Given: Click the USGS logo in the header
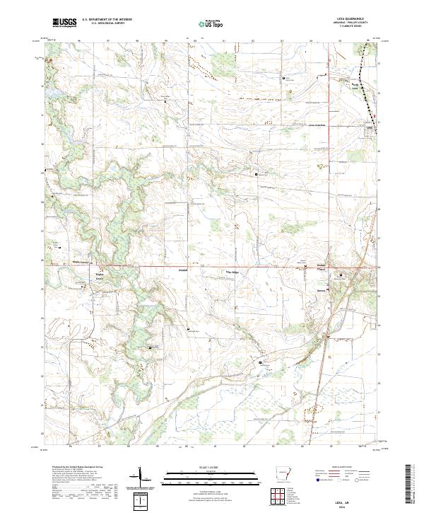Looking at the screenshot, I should click(64, 23).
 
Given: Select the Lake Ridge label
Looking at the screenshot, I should click(232, 271).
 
